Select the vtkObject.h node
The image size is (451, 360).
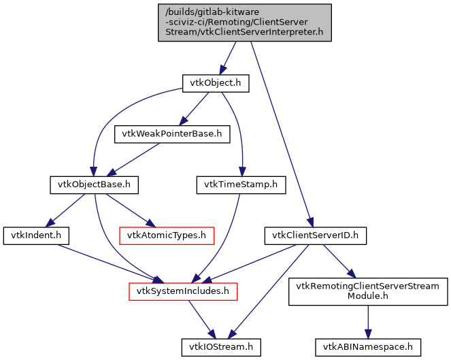[x=215, y=83]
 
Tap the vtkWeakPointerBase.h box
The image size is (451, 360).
[x=171, y=133]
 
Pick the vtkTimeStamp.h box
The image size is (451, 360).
[x=241, y=184]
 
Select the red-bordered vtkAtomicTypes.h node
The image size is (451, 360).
[x=167, y=235]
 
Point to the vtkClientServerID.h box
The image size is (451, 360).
[x=315, y=235]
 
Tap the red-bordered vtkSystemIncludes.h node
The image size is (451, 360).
[x=183, y=291]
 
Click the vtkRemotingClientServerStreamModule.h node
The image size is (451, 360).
[x=369, y=291]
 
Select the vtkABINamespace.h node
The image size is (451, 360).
[x=368, y=347]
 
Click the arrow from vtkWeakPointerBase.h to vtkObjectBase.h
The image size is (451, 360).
[x=133, y=159]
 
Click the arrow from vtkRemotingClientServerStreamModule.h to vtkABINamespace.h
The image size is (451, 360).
[x=368, y=319]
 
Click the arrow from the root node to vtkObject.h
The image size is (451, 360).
[x=229, y=57]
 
